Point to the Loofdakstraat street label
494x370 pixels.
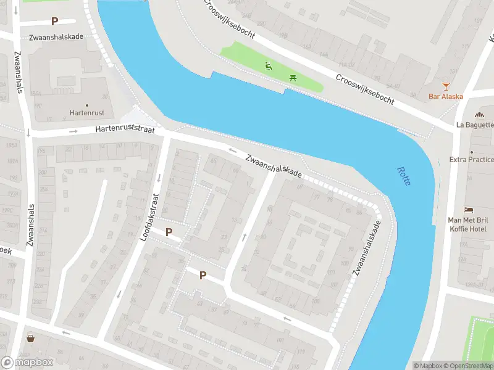[151, 216]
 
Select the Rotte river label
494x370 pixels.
[404, 179]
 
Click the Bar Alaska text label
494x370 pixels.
[446, 96]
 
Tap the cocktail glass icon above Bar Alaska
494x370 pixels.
[446, 86]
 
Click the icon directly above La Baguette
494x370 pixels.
[479, 114]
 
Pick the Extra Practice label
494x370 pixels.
[472, 160]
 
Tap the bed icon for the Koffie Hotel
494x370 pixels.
[469, 210]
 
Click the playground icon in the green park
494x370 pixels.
[269, 66]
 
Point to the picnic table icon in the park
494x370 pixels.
[293, 78]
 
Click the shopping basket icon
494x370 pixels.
[30, 339]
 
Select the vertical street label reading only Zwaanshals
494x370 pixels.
[19, 72]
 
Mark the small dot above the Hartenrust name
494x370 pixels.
[86, 105]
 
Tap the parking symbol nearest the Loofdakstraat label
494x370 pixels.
[169, 232]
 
